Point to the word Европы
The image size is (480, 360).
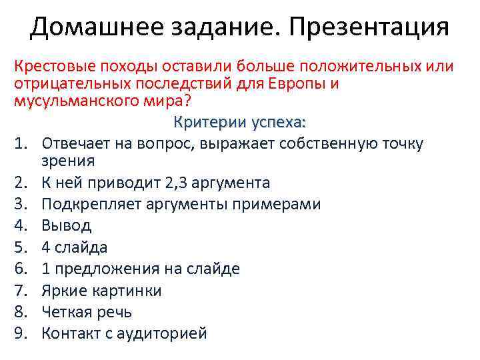[x=299, y=84]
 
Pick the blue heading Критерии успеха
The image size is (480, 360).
[x=239, y=122]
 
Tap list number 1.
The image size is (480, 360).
[x=21, y=143]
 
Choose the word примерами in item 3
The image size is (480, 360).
[x=281, y=204]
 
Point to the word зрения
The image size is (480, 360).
[x=67, y=161]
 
